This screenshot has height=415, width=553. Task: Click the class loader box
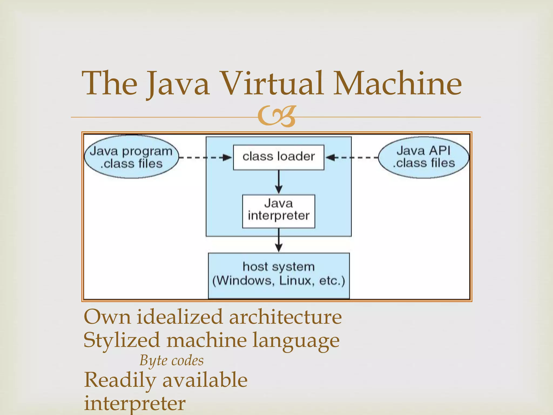(278, 157)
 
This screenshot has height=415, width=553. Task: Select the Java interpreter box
(278, 211)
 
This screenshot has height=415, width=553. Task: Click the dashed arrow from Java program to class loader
(205, 158)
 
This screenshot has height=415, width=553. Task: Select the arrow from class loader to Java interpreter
(279, 182)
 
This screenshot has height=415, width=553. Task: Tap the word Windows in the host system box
(245, 281)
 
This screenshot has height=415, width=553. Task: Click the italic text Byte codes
(171, 361)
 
